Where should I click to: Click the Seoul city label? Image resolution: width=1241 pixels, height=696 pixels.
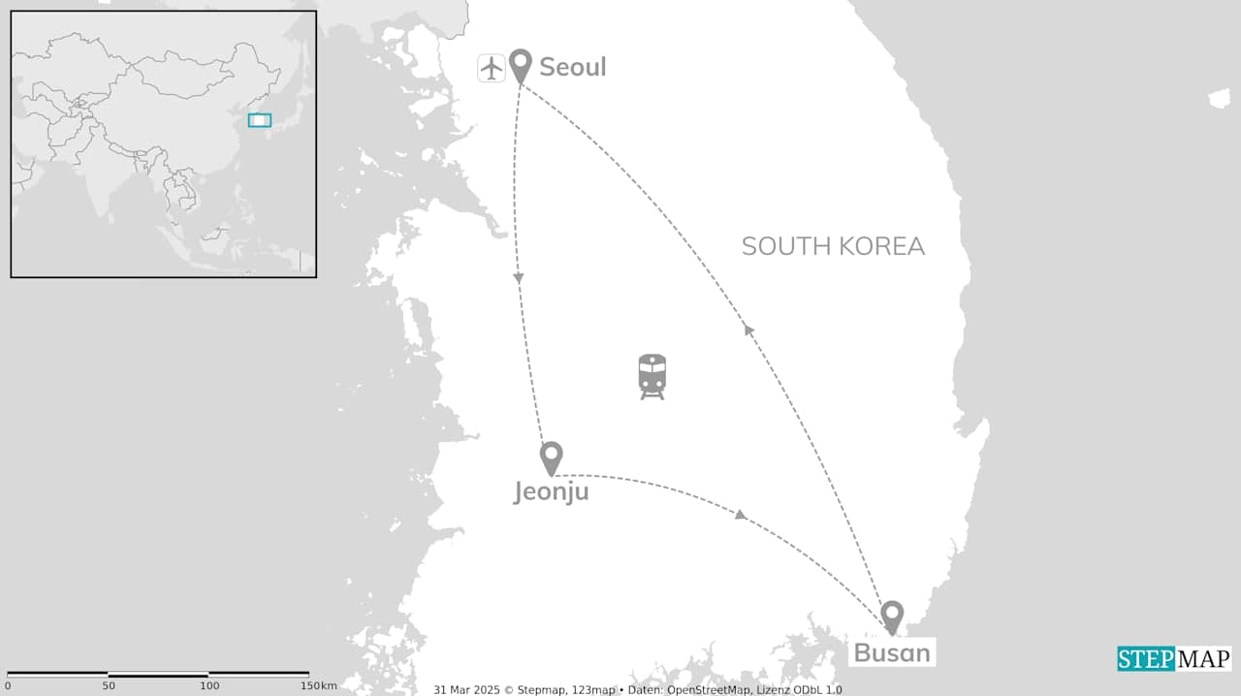pos(572,67)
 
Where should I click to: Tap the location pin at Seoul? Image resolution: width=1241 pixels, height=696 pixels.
pos(521,65)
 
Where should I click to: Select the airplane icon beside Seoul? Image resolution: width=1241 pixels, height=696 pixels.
pos(492,68)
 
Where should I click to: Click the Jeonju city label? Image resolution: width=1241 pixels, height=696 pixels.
pos(551,492)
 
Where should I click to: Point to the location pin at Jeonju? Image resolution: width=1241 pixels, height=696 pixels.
pos(551,457)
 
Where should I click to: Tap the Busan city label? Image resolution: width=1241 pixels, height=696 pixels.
pos(892,652)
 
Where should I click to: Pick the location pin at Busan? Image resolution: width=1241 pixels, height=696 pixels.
pos(892,616)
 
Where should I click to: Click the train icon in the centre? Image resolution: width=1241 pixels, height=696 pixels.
pos(652,376)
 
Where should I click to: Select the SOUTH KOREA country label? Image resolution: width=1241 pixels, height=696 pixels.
pos(833,246)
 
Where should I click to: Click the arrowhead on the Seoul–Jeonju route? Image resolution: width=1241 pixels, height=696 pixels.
pos(519,279)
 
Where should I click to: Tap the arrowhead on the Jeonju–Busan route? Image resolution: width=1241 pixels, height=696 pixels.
pos(741,514)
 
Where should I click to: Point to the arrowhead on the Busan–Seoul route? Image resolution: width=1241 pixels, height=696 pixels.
pos(748,330)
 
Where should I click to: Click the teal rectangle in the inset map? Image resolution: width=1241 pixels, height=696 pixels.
pos(259,120)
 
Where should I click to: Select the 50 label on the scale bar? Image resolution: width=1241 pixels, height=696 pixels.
pos(109,685)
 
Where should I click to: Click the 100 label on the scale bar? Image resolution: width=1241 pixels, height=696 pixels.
pos(209,685)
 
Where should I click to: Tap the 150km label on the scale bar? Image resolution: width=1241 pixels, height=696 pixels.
pos(318,685)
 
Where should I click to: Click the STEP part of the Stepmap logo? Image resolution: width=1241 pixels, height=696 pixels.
pos(1146,659)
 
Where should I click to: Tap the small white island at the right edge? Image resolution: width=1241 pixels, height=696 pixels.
pos(1219,98)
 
